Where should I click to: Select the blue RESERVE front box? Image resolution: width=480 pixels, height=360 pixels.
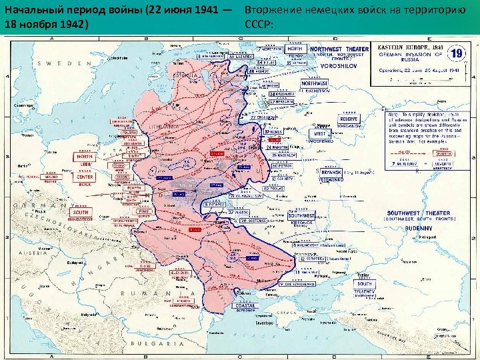(x=347, y=119)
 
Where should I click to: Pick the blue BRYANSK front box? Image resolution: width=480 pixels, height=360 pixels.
(x=331, y=171)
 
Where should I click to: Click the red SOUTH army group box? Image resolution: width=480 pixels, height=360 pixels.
(x=81, y=212)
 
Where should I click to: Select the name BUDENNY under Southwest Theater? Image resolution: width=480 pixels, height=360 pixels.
(x=418, y=228)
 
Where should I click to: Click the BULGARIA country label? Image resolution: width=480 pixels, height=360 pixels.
(x=148, y=345)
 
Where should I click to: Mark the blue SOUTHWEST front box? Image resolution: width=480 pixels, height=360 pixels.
(x=301, y=215)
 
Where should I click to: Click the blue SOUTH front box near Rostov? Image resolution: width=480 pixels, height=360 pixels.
(x=365, y=284)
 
